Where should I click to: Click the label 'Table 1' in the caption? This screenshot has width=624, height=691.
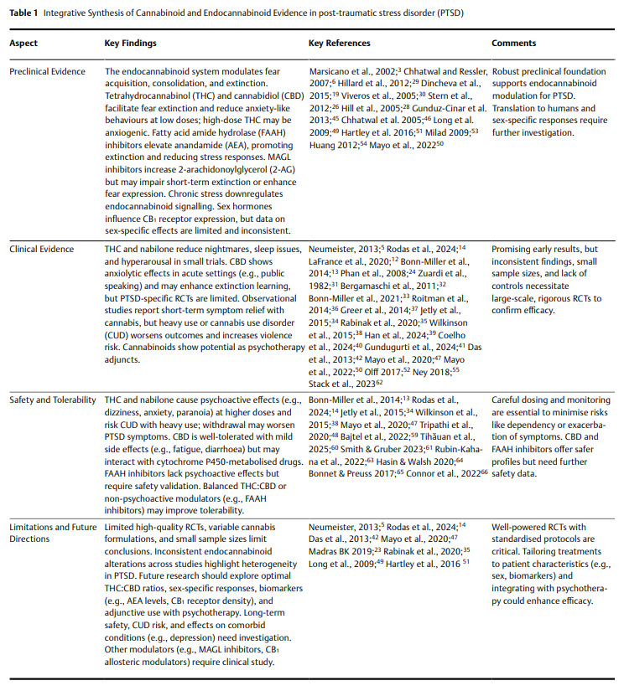point(24,14)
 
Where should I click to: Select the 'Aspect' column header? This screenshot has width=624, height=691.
point(23,43)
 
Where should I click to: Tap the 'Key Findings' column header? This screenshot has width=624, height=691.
point(130,43)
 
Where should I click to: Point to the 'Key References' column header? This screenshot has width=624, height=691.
point(339,43)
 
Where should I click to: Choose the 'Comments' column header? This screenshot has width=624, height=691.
point(513,43)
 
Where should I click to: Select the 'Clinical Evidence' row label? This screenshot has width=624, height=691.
point(42,250)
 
